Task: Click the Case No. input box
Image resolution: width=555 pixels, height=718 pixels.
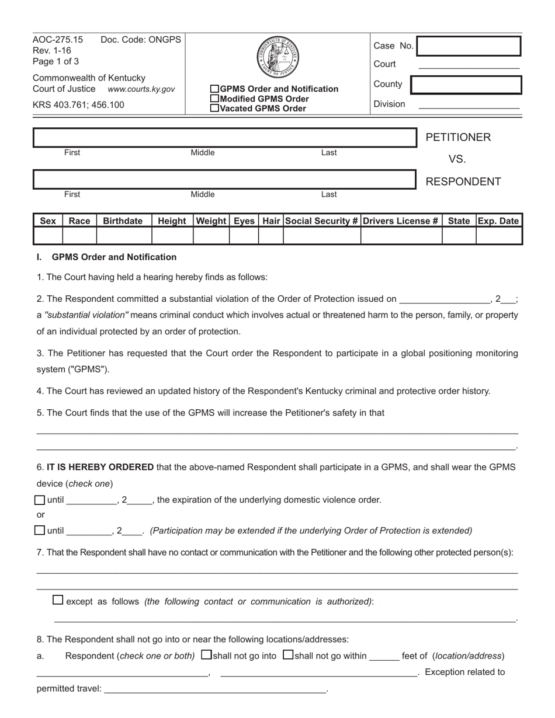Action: pyautogui.click(x=468, y=46)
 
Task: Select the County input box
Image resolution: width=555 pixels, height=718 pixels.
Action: pyautogui.click(x=466, y=85)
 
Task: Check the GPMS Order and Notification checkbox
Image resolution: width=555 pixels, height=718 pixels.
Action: pyautogui.click(x=214, y=89)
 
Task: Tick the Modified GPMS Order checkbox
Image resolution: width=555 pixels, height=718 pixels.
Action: pyautogui.click(x=214, y=99)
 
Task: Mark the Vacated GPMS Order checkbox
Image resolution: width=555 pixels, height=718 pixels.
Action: pyautogui.click(x=214, y=108)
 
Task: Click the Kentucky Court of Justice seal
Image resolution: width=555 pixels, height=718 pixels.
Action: pyautogui.click(x=277, y=57)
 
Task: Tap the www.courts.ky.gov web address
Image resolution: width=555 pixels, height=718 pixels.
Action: pyautogui.click(x=141, y=89)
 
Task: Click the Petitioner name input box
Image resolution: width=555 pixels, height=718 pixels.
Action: pyautogui.click(x=224, y=138)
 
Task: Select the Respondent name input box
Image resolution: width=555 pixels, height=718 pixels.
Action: pyautogui.click(x=224, y=179)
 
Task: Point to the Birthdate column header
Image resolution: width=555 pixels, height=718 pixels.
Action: pyautogui.click(x=123, y=221)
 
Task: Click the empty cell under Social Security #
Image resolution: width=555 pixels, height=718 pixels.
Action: pyautogui.click(x=321, y=236)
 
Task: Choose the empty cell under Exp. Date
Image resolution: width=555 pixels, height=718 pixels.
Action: pyautogui.click(x=498, y=236)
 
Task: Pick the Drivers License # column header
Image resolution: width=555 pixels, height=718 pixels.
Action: pyautogui.click(x=401, y=221)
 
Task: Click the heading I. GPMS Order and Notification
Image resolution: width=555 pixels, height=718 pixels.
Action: pyautogui.click(x=107, y=257)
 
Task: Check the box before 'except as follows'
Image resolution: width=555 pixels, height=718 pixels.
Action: pyautogui.click(x=58, y=600)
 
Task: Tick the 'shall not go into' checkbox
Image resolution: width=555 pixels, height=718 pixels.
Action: pyautogui.click(x=206, y=655)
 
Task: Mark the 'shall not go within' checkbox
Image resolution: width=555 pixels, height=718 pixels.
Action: pyautogui.click(x=288, y=655)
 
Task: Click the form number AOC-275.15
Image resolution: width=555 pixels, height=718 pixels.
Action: pyautogui.click(x=58, y=40)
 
